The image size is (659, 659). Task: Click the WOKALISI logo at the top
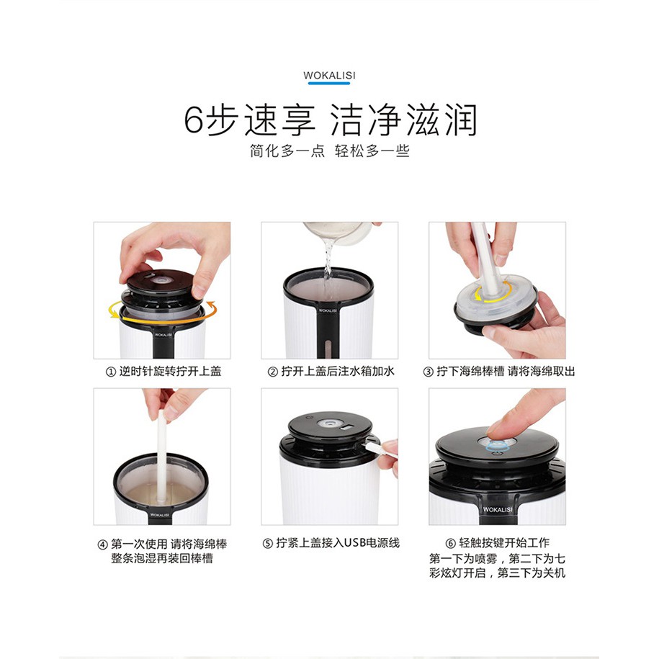[329, 76]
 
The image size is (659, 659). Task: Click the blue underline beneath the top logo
[329, 84]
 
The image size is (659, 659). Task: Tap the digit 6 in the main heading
[194, 120]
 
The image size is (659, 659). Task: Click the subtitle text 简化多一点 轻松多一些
[330, 151]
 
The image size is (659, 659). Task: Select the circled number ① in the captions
[110, 372]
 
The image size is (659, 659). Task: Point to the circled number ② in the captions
[273, 372]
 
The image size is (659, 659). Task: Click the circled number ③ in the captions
[428, 372]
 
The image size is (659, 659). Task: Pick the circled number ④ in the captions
[102, 545]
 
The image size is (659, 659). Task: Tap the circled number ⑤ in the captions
[268, 544]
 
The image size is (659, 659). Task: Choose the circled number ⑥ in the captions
[451, 544]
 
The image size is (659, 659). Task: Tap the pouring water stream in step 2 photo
[328, 261]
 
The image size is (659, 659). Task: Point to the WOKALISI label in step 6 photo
[498, 509]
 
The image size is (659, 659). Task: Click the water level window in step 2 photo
[329, 346]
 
